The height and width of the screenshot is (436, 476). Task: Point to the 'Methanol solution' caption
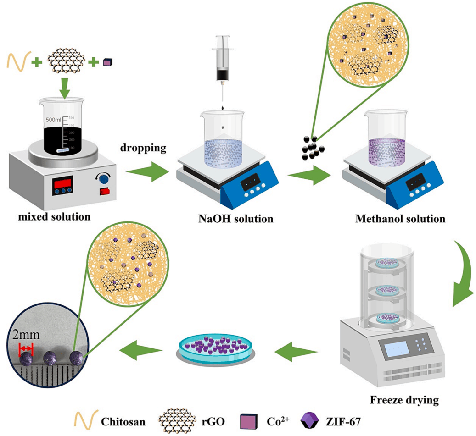click(x=400, y=219)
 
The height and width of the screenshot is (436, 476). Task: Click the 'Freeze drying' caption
click(x=404, y=400)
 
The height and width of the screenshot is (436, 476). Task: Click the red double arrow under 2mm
click(x=26, y=349)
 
